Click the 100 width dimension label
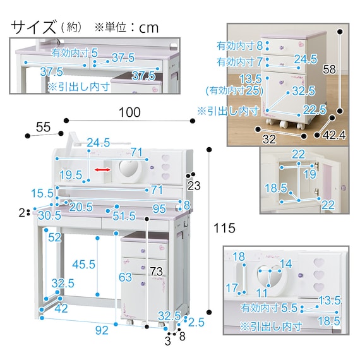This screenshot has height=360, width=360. (x=129, y=112)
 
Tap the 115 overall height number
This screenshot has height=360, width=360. (x=224, y=228)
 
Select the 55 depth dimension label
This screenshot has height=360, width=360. (x=43, y=127)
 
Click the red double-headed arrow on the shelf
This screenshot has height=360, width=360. (x=103, y=170)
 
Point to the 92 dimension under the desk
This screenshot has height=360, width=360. (x=102, y=330)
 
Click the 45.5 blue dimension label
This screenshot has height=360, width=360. (x=83, y=264)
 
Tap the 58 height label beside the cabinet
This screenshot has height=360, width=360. (x=329, y=69)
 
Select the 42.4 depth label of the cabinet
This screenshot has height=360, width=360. (x=334, y=135)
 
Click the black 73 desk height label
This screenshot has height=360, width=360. (x=156, y=272)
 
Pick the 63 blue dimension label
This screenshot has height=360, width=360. (x=125, y=277)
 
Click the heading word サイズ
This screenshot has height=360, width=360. (x=33, y=27)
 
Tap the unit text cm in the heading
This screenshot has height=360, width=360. (x=149, y=28)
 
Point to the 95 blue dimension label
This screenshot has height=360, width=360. (x=159, y=208)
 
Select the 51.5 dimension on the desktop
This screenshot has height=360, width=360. (x=124, y=216)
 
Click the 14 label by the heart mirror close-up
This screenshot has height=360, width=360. (x=285, y=263)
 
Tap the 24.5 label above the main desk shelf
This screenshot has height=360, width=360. (x=99, y=143)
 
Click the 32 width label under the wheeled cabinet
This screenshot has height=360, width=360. (x=269, y=139)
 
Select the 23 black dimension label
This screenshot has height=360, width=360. (x=194, y=186)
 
